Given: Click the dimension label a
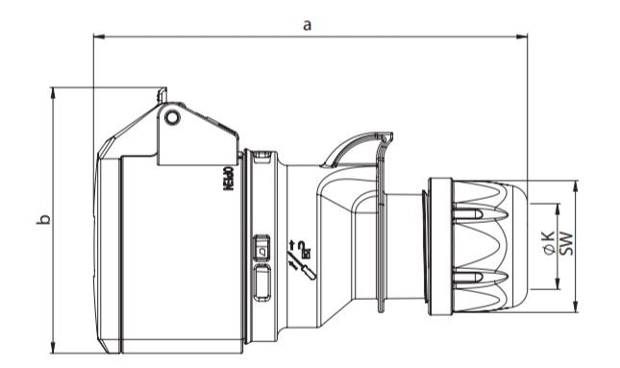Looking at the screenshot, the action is point(307,25).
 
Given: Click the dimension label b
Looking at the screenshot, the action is point(43,220).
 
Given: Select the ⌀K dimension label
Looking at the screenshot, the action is point(549,242).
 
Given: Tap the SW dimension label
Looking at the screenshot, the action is point(566,243).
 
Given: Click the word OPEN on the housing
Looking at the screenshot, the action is point(229,179).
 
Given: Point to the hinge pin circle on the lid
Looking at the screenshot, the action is point(172,117).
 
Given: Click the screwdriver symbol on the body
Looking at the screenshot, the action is point(306,269).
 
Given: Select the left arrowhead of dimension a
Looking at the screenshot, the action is point(98,37).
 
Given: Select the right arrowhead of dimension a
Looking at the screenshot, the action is point(522,37).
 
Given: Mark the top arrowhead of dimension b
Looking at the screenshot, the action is point(53,92).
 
